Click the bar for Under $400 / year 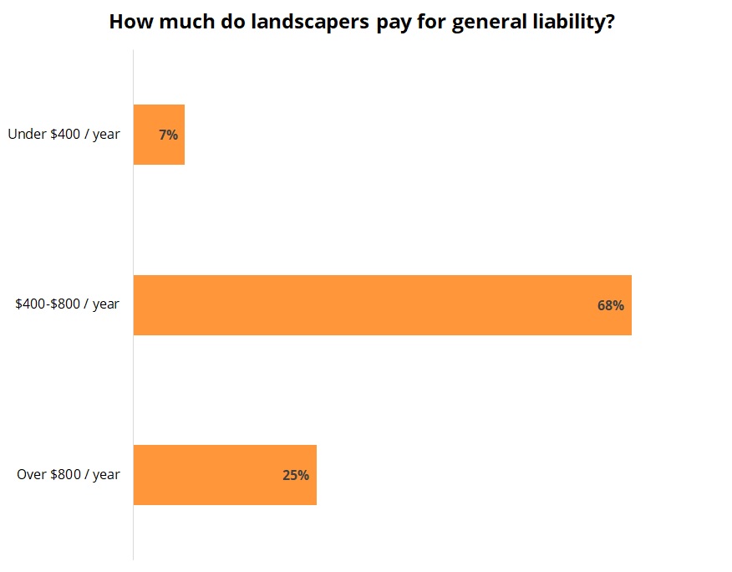159,135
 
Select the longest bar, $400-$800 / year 382,305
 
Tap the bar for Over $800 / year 225,475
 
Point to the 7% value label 168,135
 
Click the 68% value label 610,305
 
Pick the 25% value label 296,475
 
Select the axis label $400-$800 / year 67,304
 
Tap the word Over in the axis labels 32,475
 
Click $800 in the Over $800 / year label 66,475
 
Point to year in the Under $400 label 106,134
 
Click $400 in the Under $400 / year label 66,134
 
